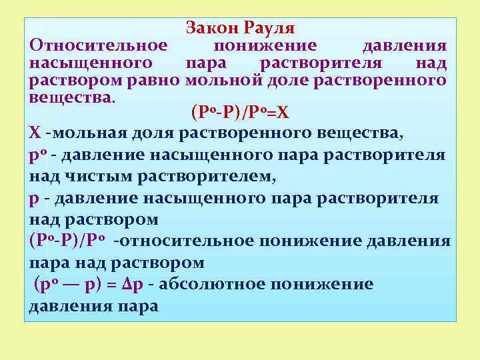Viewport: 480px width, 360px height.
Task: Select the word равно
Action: click(x=157, y=81)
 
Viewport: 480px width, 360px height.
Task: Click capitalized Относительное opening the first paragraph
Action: click(x=98, y=46)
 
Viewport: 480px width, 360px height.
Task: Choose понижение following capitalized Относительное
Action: click(x=265, y=46)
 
